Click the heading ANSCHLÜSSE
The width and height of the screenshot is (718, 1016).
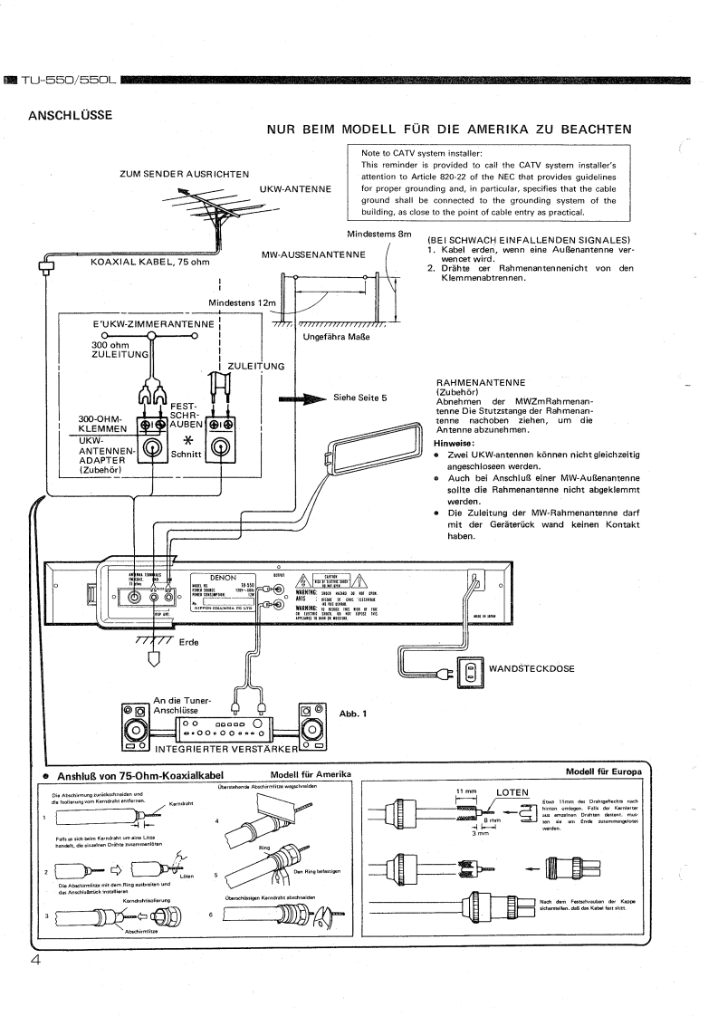71,115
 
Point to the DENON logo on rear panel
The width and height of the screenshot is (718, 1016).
223,575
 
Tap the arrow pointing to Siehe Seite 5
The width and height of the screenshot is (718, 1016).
303,397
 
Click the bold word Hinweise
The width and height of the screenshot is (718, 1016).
458,444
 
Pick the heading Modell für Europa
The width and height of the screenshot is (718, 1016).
603,772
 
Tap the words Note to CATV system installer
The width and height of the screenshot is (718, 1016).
416,153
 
